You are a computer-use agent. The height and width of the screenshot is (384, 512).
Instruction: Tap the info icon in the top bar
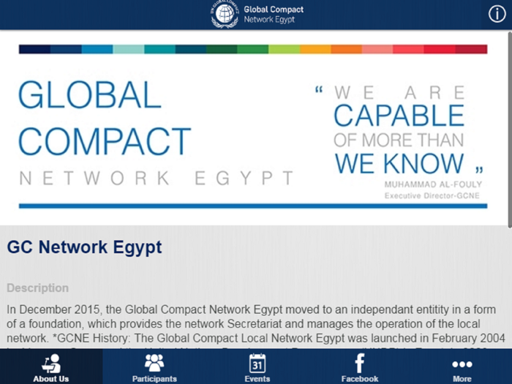(497, 14)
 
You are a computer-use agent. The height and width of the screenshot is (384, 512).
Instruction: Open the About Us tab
(51, 367)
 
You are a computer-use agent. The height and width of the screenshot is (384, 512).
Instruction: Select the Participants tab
(154, 367)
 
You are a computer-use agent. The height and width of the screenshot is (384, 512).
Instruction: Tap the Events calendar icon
(257, 363)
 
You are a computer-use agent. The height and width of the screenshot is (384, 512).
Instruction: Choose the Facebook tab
(360, 367)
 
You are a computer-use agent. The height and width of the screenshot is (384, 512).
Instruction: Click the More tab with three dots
(462, 367)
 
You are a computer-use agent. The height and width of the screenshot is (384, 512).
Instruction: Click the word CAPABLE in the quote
(399, 116)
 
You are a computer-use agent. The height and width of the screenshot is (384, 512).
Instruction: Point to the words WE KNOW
(399, 163)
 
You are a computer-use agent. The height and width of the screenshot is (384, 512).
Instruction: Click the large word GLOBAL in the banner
(89, 96)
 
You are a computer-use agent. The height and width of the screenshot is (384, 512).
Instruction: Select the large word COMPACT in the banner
(105, 141)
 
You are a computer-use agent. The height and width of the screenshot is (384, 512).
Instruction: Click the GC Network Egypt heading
(84, 247)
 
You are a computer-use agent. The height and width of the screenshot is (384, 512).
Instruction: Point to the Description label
(37, 288)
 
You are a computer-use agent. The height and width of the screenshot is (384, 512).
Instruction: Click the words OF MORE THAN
(399, 140)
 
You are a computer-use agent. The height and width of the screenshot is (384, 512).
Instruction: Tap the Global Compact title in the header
(274, 10)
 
